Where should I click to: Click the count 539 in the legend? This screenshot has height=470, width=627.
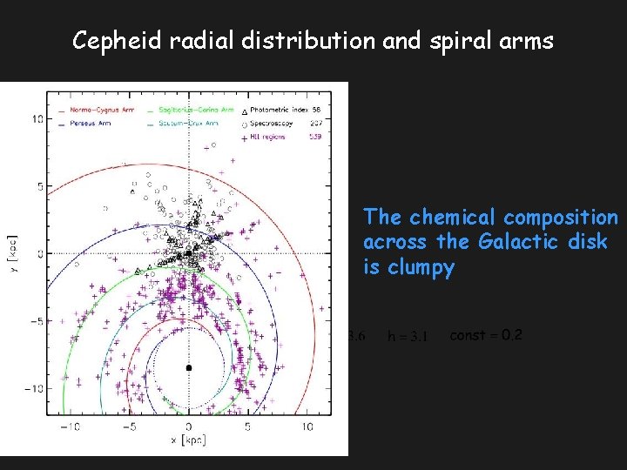(316, 135)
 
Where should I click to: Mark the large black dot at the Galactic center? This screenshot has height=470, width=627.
(189, 368)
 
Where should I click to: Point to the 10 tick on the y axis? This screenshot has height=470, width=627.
(37, 118)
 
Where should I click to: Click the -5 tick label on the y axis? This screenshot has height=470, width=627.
(36, 321)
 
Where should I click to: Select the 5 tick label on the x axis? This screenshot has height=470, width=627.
(248, 426)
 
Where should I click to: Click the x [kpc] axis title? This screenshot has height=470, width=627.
(189, 440)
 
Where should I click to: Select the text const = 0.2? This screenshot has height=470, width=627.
(486, 335)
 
